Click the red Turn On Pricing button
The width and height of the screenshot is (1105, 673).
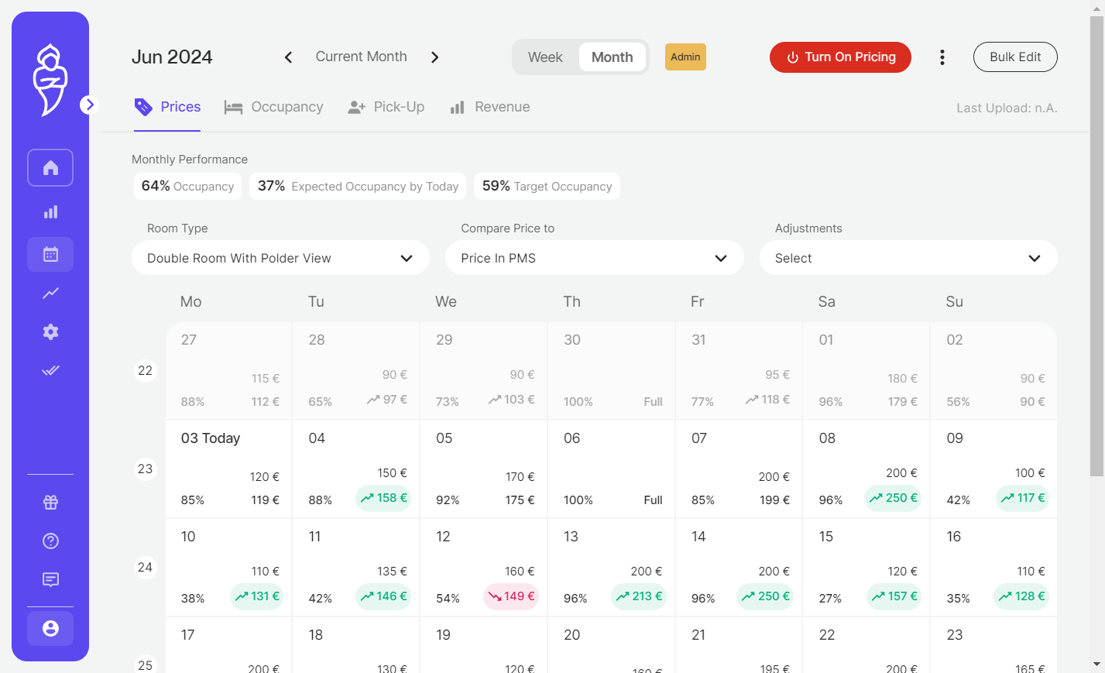[840, 57]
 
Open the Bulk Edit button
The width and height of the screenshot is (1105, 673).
[1015, 57]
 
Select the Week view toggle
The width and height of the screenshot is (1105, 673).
[545, 57]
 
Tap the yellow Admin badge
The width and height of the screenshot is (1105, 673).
[685, 57]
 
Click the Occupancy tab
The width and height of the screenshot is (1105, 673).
[274, 107]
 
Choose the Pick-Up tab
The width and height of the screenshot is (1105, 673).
[386, 107]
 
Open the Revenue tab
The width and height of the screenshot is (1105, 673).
[490, 107]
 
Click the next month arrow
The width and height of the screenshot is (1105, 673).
[434, 57]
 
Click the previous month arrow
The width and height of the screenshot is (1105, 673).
[289, 57]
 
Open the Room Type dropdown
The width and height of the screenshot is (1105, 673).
[280, 258]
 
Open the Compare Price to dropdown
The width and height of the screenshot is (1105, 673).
[595, 258]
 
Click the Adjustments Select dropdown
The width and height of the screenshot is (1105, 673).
[908, 258]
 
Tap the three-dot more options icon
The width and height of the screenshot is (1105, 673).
[942, 57]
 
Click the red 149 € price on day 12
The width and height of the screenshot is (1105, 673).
[511, 596]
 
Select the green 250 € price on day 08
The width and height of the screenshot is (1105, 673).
[893, 498]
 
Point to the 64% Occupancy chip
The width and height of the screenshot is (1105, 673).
[187, 186]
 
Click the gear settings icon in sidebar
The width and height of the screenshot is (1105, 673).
[50, 332]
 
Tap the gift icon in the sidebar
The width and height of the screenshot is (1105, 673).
[50, 503]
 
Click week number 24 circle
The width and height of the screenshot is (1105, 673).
[145, 567]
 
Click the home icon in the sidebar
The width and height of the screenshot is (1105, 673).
[50, 168]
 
